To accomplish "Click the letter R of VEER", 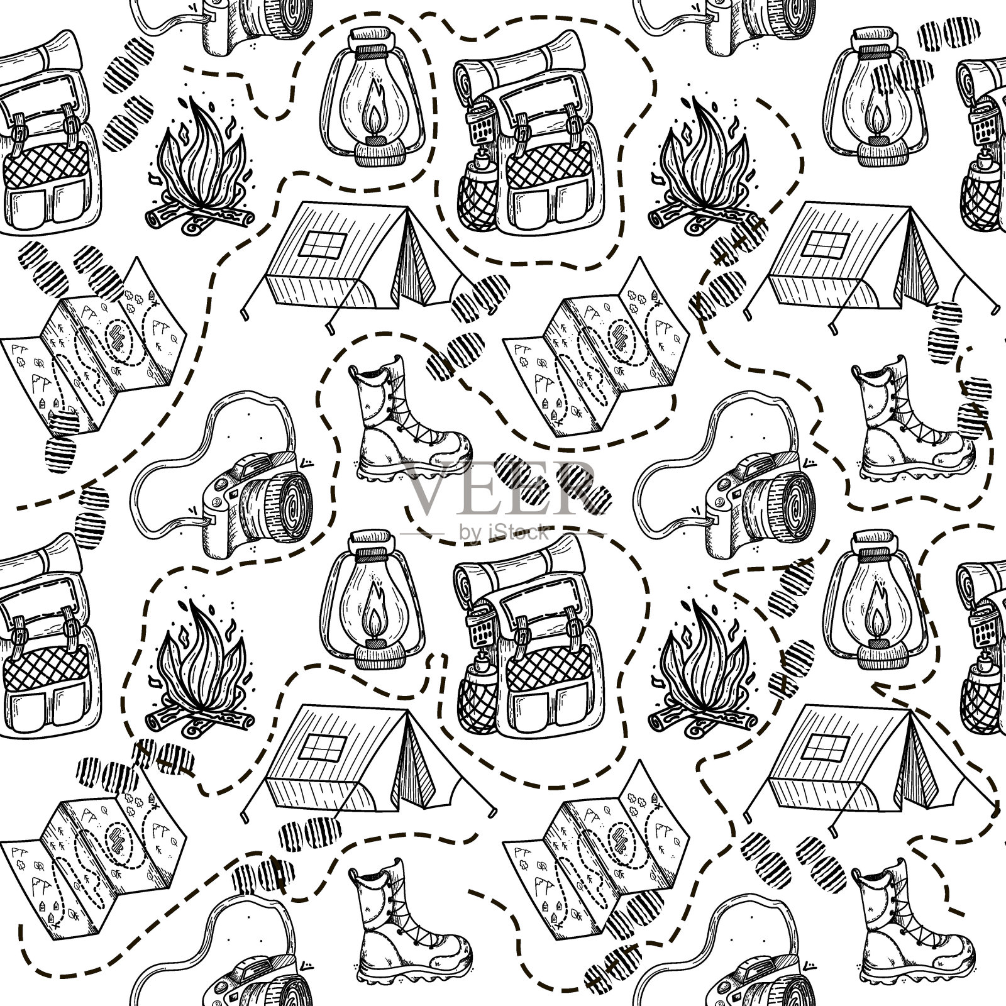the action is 575,487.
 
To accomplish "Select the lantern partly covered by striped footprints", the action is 871,101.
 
